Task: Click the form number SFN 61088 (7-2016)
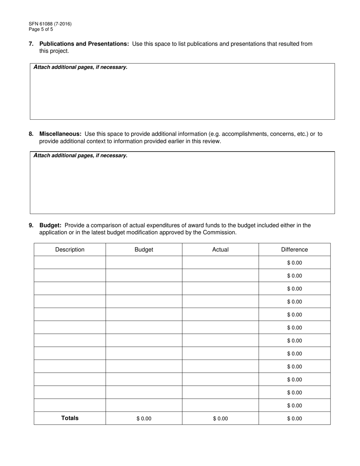50,24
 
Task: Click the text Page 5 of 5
41,29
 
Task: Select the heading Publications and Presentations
84,44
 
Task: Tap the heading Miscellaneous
60,134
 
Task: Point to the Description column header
70,250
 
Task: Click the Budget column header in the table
144,250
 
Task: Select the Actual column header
221,250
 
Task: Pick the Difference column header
294,250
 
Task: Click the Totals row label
70,418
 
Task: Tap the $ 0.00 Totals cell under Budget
144,419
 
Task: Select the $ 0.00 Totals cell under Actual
221,419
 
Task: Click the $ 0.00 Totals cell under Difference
294,419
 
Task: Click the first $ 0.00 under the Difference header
294,263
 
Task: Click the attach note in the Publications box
80,67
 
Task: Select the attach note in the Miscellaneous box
80,156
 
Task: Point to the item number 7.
31,44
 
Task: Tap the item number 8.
31,134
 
